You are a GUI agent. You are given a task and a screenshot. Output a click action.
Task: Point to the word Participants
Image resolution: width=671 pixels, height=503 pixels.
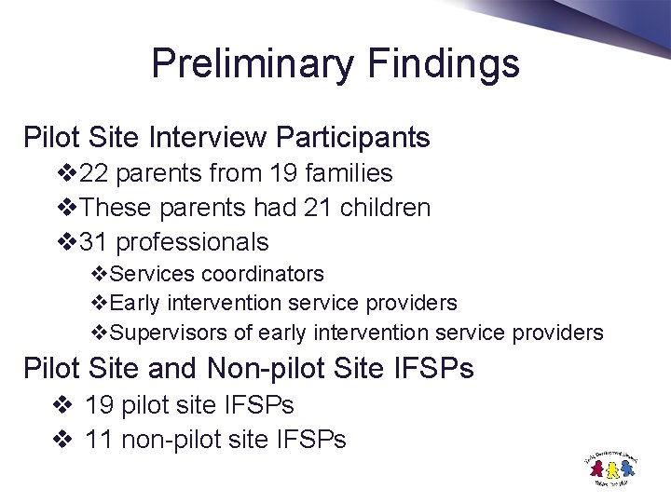tap(353, 138)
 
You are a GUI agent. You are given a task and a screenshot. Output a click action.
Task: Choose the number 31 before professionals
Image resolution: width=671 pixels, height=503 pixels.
tap(94, 242)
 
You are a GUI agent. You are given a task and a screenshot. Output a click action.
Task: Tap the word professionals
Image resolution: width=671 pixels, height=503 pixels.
tap(191, 242)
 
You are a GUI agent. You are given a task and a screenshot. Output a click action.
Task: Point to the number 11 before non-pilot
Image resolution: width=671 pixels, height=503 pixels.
tap(99, 440)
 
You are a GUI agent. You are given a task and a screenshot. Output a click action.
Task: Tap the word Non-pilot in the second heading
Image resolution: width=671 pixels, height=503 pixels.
tap(263, 369)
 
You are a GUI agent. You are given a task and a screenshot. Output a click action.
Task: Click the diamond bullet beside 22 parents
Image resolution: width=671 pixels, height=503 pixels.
tap(66, 173)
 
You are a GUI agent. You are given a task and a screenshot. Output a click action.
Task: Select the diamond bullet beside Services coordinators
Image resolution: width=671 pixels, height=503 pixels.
tap(99, 274)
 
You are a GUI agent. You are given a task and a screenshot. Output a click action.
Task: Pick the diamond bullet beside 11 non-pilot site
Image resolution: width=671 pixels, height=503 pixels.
tap(64, 440)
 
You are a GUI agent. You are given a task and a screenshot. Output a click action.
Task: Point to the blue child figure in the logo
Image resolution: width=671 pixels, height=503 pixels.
tap(626, 469)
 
